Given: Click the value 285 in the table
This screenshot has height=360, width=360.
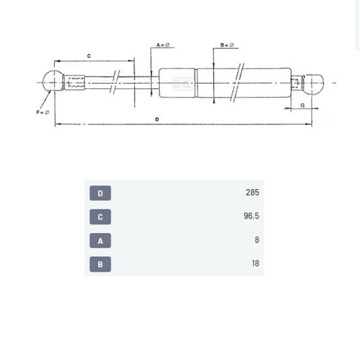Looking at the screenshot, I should (252, 192).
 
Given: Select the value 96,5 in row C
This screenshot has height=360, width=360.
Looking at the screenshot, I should (251, 217).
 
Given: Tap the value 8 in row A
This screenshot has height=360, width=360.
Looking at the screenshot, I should (257, 240).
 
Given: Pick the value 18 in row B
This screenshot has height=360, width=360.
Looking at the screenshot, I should (255, 264).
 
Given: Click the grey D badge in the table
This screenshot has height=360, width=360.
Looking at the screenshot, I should (100, 193).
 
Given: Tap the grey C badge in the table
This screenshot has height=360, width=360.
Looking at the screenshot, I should (100, 217).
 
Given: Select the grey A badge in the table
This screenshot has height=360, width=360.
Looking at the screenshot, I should (100, 240).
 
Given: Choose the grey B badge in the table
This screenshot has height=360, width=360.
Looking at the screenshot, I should (100, 264).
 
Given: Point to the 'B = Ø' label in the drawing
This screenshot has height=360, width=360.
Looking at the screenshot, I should (227, 45).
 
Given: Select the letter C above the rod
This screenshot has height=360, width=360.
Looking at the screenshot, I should (88, 56).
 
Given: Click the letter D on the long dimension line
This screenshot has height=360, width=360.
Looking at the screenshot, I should (157, 119).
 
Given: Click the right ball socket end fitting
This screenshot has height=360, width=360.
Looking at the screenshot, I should (314, 83).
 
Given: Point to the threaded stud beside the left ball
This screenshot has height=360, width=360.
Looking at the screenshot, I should (74, 83).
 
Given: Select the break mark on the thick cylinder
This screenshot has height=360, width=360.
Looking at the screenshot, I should (238, 83).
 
